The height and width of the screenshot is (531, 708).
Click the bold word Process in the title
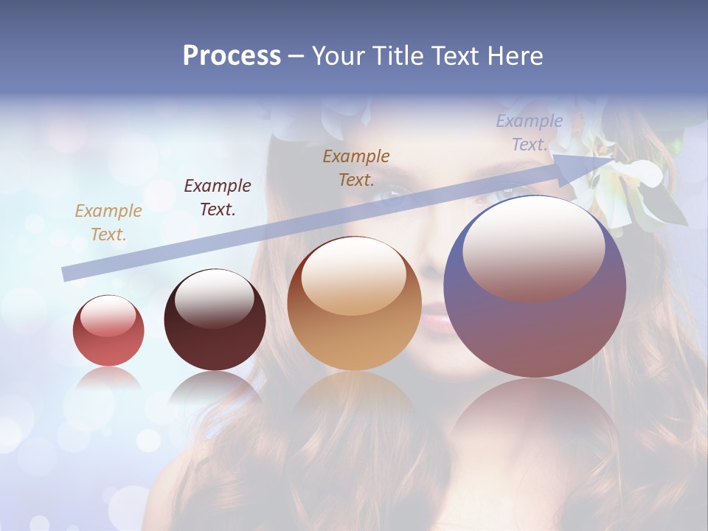232,55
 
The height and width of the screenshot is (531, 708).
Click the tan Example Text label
108,223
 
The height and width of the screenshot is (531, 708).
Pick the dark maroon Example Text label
217,198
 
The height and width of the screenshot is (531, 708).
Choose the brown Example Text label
356,168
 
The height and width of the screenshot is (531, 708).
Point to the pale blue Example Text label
529,133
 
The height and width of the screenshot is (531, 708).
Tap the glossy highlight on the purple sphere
533,247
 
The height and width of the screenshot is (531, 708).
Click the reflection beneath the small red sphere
108,380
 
